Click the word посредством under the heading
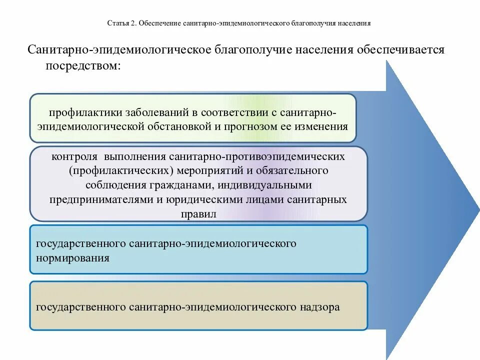click(x=83, y=66)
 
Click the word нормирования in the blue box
click(x=72, y=258)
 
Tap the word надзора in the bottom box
click(x=320, y=306)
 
